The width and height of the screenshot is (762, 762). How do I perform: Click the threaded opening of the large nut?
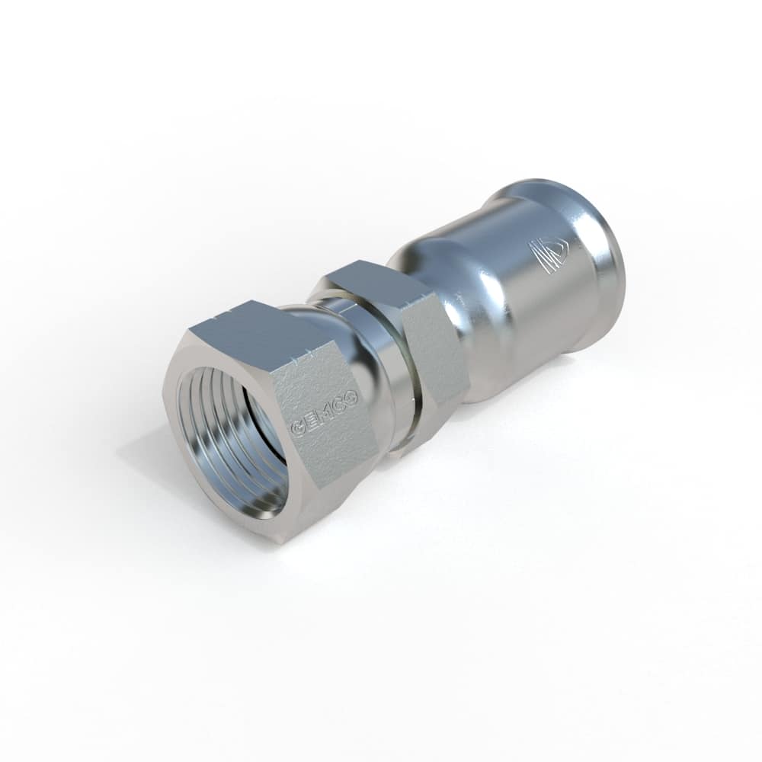[x=232, y=442]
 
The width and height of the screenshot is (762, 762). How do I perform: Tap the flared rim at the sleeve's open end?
[x=602, y=267]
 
